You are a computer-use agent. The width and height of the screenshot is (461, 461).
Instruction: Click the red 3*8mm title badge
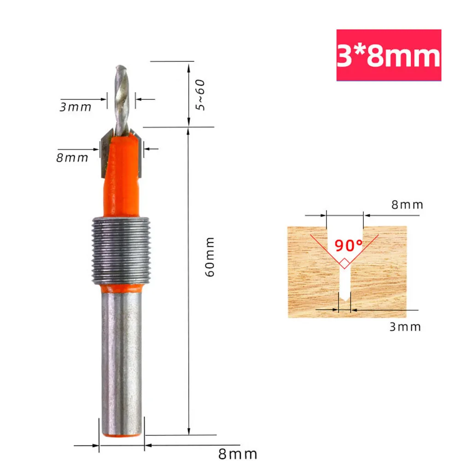coord(389,56)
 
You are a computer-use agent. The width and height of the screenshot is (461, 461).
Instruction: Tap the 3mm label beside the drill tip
coord(76,107)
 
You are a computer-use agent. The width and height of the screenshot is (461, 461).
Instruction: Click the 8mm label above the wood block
coord(407,205)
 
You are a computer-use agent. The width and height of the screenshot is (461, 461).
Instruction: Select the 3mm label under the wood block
coord(405,327)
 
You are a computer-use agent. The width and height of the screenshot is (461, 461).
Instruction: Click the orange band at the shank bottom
coord(121,432)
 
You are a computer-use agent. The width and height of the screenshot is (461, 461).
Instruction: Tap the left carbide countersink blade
coord(105,152)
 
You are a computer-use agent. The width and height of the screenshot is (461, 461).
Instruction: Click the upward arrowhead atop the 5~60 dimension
coord(188,67)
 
